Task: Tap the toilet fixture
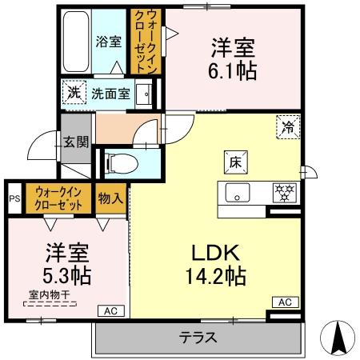point(120,163)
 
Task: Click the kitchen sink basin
point(238,193)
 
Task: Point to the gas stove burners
point(286,193)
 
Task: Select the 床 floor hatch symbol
point(238,160)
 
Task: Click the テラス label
point(198,338)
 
